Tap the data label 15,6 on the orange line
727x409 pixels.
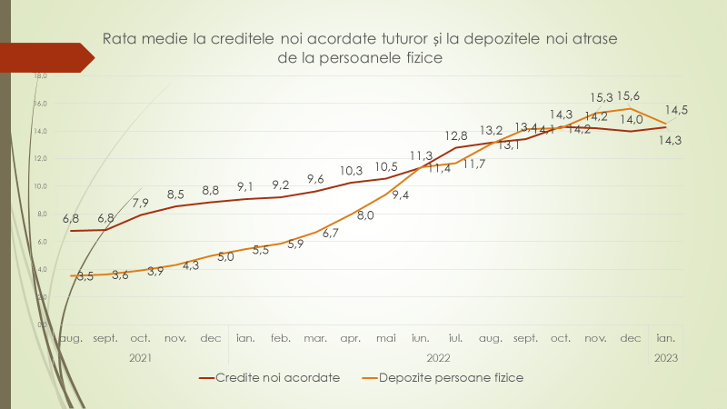(627, 95)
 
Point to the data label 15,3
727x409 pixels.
(602, 97)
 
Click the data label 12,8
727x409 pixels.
(456, 136)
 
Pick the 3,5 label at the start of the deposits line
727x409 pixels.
(84, 275)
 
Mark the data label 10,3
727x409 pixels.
(351, 171)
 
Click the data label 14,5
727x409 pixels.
(676, 110)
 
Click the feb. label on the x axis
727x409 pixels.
(281, 338)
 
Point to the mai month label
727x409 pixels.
(386, 338)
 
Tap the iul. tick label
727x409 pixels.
(456, 338)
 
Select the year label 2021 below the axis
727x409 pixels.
(140, 358)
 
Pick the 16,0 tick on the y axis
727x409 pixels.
(41, 104)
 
